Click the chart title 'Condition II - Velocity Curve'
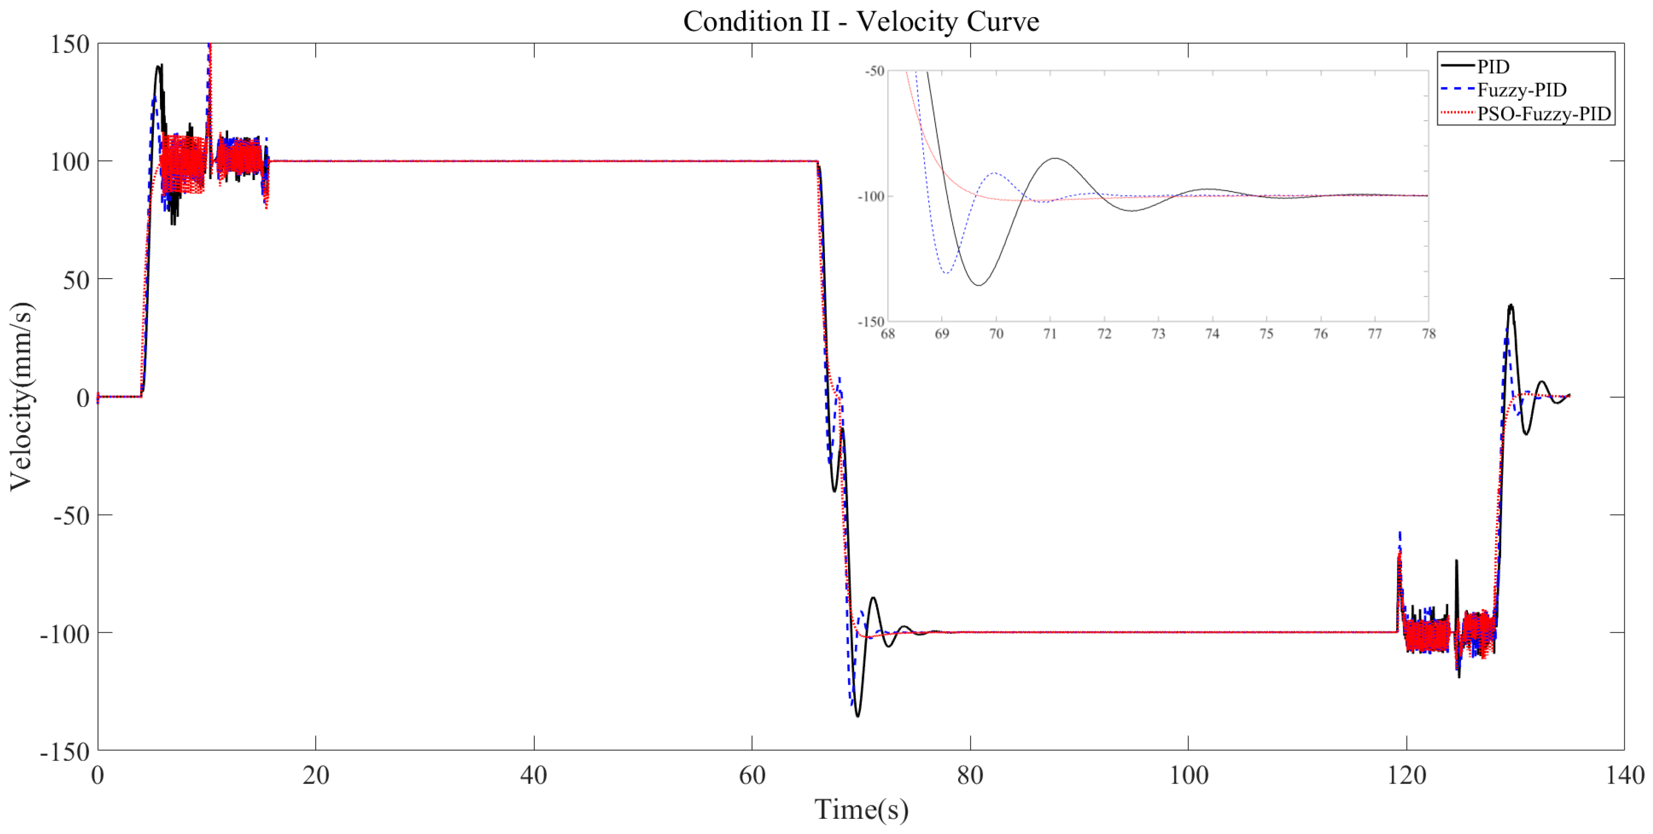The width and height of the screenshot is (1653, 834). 861,22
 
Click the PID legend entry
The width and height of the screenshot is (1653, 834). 1493,66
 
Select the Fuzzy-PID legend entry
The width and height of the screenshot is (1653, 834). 1521,90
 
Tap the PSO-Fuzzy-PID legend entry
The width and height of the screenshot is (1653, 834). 1543,114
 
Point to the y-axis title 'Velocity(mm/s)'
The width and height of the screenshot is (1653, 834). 21,396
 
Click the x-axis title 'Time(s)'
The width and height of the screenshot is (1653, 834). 861,809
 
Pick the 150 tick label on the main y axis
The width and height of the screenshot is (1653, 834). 70,44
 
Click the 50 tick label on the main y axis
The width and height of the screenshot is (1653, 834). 76,280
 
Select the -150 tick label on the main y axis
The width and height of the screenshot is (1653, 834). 65,751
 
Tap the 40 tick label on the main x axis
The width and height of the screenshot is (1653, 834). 534,776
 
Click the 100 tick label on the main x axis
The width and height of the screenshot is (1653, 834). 1188,776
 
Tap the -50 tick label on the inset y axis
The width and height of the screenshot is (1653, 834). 875,70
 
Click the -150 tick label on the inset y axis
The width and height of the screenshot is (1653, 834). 871,321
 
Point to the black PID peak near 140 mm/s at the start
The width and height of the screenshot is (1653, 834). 158,65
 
